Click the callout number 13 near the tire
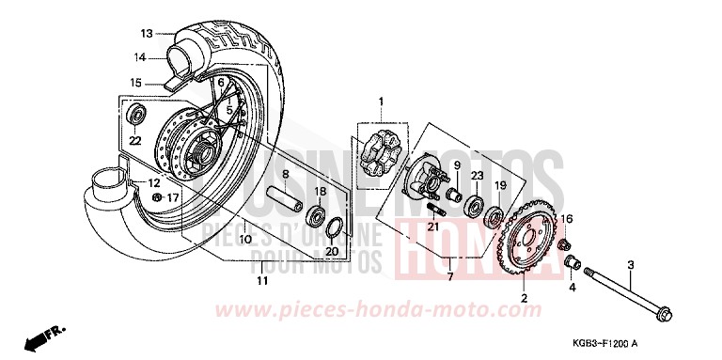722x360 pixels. [147, 33]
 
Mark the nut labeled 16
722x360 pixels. [566, 243]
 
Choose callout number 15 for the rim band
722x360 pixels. [136, 82]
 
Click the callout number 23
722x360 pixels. [478, 175]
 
